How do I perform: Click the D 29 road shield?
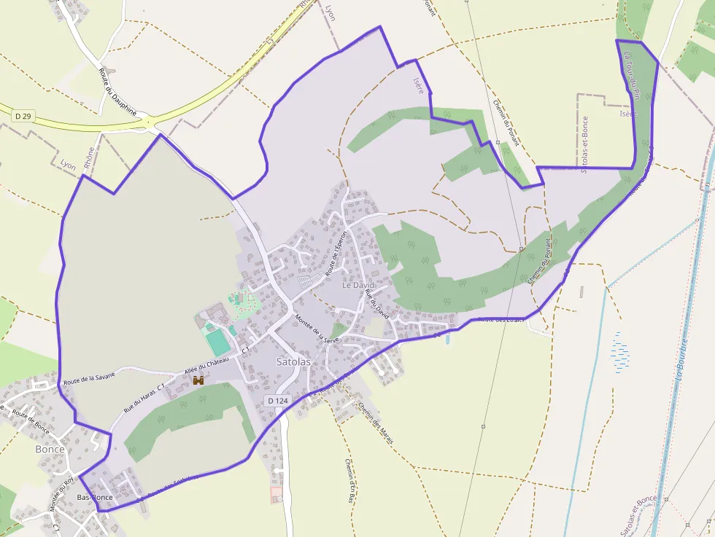(x=23, y=116)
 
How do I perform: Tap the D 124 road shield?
(x=278, y=401)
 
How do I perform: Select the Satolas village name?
(x=293, y=361)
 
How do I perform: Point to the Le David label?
(x=357, y=285)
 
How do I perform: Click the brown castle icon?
(x=198, y=380)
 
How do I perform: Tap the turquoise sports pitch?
(x=217, y=342)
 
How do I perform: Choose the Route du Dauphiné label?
(x=117, y=91)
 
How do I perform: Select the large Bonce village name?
(x=50, y=450)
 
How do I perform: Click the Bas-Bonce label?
(x=95, y=498)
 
